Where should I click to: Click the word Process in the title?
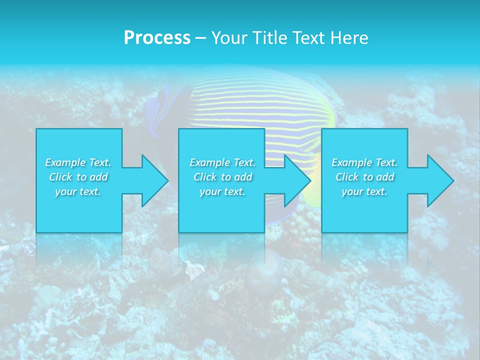click(x=157, y=38)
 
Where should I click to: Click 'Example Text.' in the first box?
click(x=78, y=162)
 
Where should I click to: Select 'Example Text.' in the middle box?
click(x=222, y=162)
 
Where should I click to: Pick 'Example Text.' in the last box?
click(x=364, y=162)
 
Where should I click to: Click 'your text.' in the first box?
click(x=78, y=191)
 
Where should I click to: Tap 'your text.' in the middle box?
click(x=222, y=191)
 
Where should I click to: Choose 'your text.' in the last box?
click(x=364, y=191)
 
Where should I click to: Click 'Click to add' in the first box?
click(x=78, y=177)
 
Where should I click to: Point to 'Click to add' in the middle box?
click(x=222, y=177)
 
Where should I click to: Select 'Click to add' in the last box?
click(x=364, y=177)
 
